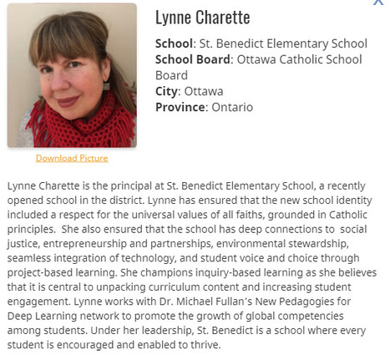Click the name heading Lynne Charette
tap(203, 18)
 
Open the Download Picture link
tap(72, 158)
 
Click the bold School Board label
tap(194, 59)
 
